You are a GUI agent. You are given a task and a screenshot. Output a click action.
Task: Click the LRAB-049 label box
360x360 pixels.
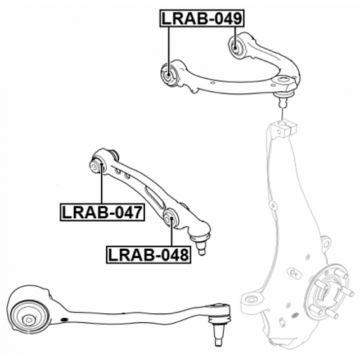[202, 19]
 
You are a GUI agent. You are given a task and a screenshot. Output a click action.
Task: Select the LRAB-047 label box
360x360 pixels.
[102, 212]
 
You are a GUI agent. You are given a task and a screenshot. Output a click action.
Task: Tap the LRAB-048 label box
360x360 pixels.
[148, 255]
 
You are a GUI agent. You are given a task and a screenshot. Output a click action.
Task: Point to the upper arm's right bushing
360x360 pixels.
[236, 47]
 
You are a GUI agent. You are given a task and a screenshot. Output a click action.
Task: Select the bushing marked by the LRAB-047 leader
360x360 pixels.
[97, 166]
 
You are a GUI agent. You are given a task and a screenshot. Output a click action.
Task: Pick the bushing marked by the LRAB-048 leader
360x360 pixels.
[170, 218]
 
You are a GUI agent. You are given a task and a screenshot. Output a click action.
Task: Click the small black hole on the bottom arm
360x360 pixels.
[65, 319]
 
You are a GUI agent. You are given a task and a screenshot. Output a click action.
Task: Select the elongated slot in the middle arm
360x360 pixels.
[154, 197]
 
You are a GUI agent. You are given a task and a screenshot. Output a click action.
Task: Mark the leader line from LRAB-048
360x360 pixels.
[171, 231]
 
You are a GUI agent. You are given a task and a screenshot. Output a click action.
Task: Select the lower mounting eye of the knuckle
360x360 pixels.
[250, 300]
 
